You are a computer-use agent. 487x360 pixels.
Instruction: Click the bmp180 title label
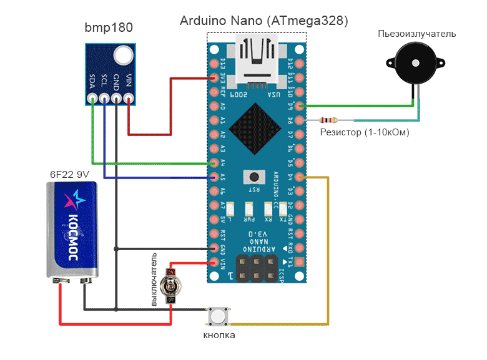[x=109, y=27]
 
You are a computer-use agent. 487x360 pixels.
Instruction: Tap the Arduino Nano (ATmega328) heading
[x=264, y=21]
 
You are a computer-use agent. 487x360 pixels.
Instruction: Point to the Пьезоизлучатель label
[x=416, y=34]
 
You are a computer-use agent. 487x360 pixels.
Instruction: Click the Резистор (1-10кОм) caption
[x=365, y=132]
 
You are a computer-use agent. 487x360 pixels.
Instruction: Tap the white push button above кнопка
[x=217, y=316]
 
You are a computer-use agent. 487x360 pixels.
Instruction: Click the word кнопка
[x=219, y=336]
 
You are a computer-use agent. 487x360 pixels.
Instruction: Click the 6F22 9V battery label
[x=69, y=174]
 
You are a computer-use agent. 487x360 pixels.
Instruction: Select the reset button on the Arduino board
[x=255, y=177]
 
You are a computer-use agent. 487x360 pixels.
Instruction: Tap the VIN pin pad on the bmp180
[x=129, y=98]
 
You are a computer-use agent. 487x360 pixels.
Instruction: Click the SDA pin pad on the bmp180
[x=92, y=98]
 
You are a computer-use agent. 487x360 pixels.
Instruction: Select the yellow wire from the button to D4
[x=327, y=250]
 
